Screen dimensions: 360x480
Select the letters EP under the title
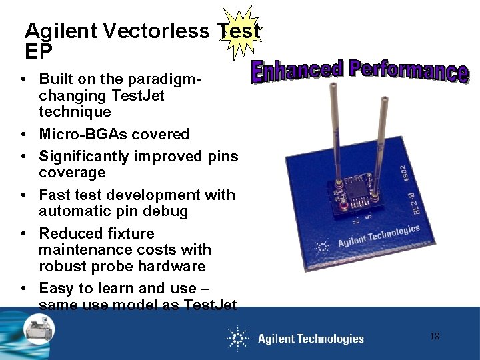click(x=39, y=51)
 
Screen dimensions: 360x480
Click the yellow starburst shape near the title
click(x=241, y=29)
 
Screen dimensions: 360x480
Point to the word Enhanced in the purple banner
click(x=297, y=71)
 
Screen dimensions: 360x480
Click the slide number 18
click(x=434, y=337)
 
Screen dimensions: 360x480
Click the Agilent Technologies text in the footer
click(x=311, y=339)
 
